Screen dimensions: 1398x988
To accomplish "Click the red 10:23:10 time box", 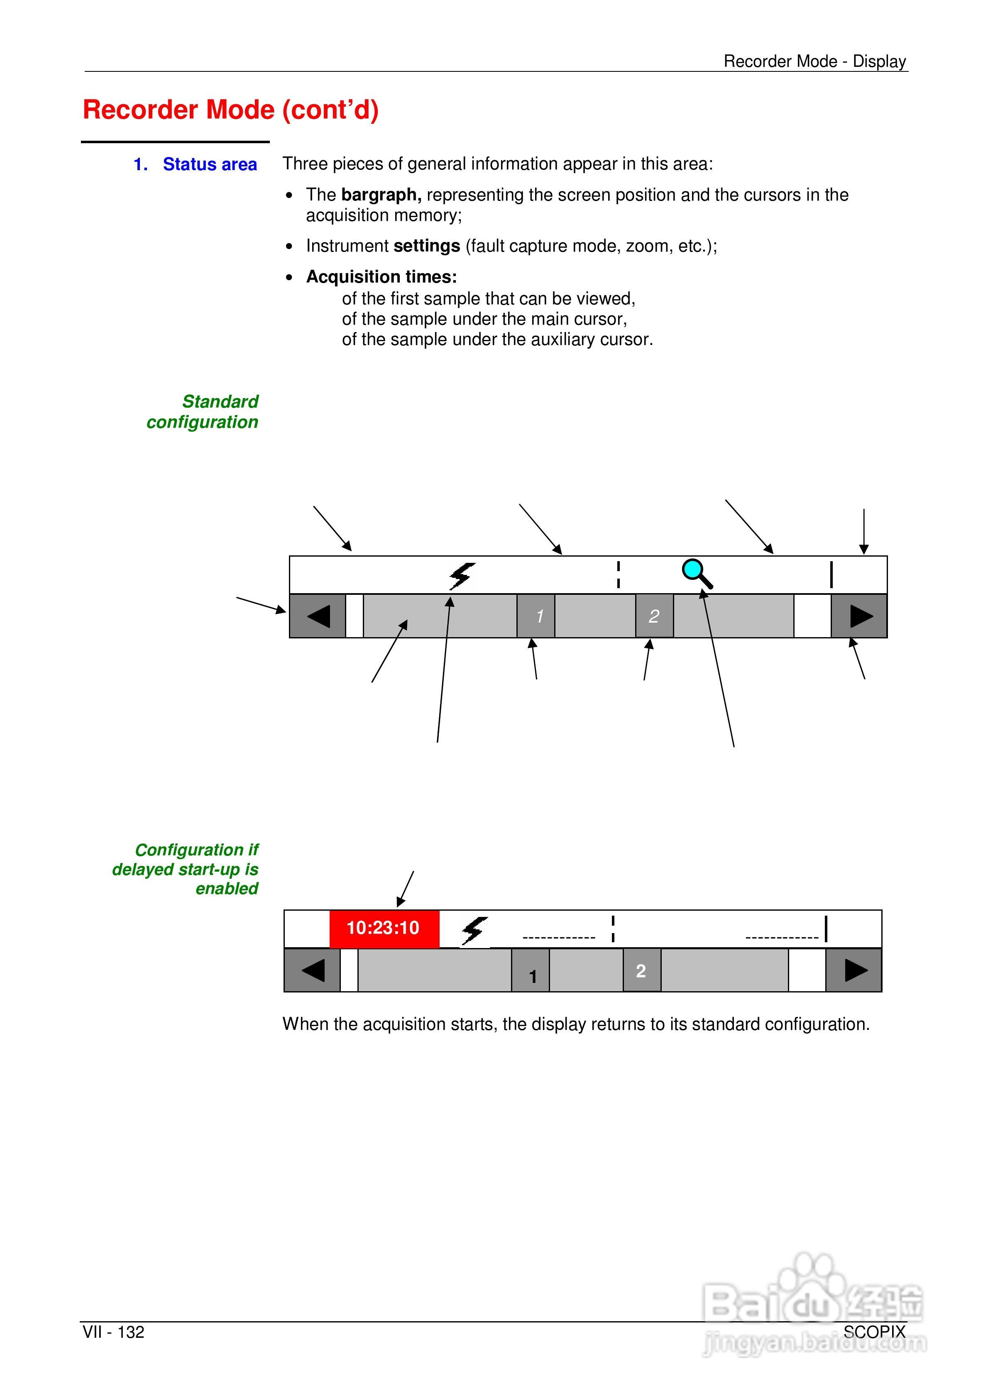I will tap(384, 928).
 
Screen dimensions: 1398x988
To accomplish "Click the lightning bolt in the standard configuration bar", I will tap(462, 575).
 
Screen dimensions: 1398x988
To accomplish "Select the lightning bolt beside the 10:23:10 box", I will tap(474, 930).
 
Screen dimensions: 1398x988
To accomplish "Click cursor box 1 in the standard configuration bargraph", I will tap(536, 616).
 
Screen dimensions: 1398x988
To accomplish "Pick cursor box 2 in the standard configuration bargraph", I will tap(654, 616).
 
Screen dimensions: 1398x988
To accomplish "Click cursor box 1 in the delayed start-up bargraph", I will tap(531, 970).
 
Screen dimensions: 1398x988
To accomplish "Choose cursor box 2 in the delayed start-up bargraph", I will tap(641, 970).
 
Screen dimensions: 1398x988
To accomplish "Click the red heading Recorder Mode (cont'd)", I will tap(231, 110).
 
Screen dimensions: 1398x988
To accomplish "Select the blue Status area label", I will tap(210, 164).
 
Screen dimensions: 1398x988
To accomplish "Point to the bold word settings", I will tap(426, 246).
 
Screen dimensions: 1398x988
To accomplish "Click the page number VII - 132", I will tap(114, 1332).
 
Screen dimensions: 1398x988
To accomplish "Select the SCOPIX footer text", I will tap(875, 1332).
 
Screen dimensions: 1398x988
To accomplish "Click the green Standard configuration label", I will tap(203, 412).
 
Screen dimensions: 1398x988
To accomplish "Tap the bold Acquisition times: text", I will tap(382, 277).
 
